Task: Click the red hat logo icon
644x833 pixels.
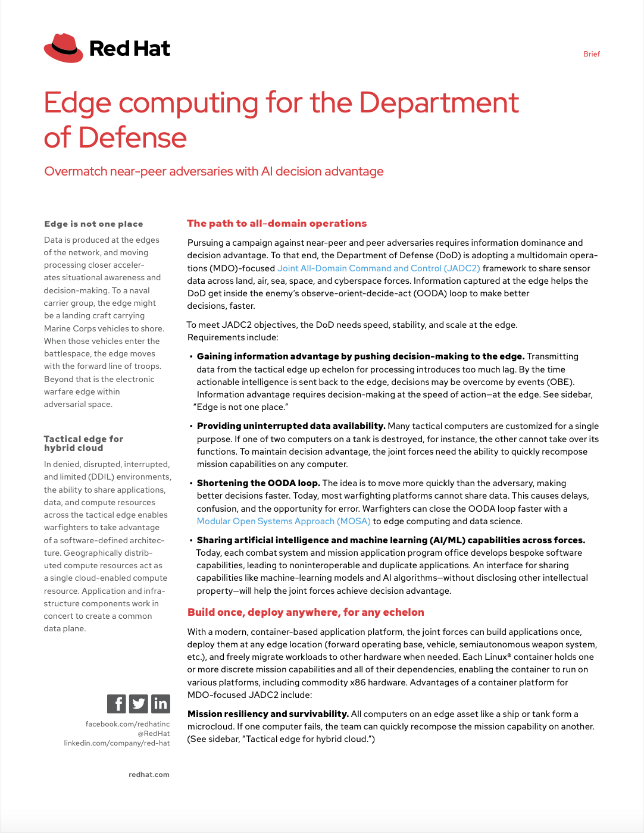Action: (x=64, y=48)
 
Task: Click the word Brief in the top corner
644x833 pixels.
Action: (x=591, y=54)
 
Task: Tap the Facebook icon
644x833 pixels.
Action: (x=117, y=704)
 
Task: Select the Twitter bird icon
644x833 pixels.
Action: (x=139, y=704)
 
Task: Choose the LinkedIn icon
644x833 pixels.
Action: (x=161, y=704)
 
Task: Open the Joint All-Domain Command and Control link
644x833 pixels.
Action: (x=379, y=268)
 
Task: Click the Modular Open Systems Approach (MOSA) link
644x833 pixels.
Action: (x=283, y=521)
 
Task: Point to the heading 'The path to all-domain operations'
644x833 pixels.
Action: (x=277, y=224)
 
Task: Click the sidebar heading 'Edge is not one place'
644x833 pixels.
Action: (x=93, y=224)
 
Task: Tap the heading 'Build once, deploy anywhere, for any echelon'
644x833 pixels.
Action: (x=305, y=612)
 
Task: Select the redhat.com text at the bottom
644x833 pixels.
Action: (x=149, y=775)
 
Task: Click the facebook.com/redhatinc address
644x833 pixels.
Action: (x=127, y=724)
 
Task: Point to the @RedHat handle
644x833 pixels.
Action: (x=154, y=734)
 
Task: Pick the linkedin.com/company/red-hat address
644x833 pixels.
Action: (x=117, y=743)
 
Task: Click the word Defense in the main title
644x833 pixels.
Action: (x=132, y=138)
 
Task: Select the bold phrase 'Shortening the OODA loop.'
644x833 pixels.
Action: (x=258, y=483)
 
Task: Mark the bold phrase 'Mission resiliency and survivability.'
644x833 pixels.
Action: (x=268, y=714)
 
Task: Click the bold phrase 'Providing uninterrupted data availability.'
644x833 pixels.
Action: (x=291, y=426)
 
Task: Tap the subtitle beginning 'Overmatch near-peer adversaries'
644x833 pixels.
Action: (x=214, y=172)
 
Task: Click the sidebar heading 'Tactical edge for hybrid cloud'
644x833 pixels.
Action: (x=83, y=443)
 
